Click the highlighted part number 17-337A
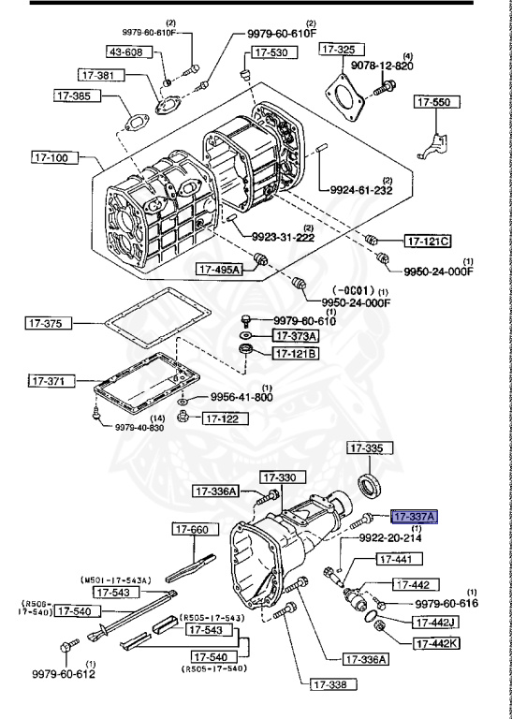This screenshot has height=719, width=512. tap(415, 515)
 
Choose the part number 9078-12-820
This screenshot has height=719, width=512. tap(380, 66)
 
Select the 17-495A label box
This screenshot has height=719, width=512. tap(219, 270)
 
